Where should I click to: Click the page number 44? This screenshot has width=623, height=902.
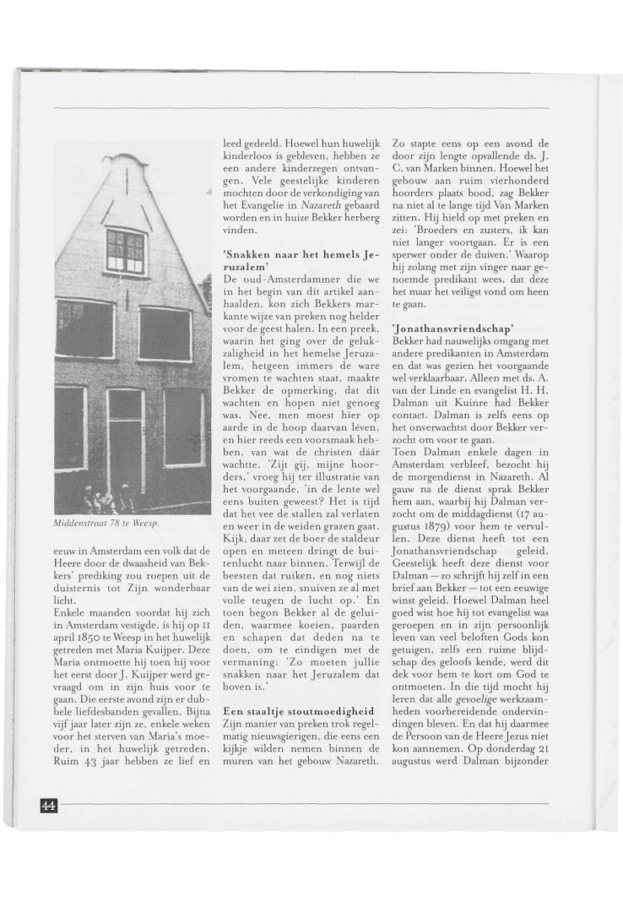(x=48, y=805)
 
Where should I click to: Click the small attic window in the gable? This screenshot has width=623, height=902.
(x=125, y=250)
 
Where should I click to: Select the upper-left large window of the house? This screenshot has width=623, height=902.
(x=84, y=329)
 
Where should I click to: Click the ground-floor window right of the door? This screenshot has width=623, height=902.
(x=184, y=427)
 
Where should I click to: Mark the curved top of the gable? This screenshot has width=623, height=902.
(x=126, y=160)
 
